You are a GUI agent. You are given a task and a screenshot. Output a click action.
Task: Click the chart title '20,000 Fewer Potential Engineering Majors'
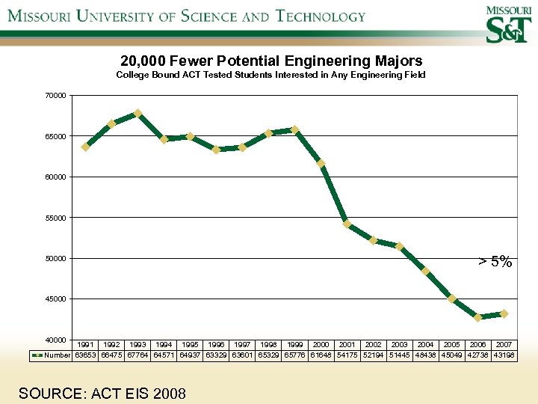pyautogui.click(x=271, y=61)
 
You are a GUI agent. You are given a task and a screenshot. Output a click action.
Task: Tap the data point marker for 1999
pyautogui.click(x=295, y=130)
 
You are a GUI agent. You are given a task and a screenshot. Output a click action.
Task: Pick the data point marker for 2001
pyautogui.click(x=347, y=224)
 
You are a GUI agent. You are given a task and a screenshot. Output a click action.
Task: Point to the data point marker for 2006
pyautogui.click(x=478, y=317)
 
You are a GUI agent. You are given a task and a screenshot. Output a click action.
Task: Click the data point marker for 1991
pyautogui.click(x=86, y=147)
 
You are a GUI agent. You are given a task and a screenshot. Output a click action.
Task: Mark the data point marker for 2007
pyautogui.click(x=504, y=313)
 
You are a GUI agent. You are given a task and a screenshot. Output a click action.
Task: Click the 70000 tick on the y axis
pyautogui.click(x=55, y=96)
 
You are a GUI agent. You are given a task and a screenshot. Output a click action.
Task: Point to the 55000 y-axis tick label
pyautogui.click(x=55, y=218)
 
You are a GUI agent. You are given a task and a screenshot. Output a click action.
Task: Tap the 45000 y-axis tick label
pyautogui.click(x=55, y=299)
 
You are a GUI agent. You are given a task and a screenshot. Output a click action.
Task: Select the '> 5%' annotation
pyautogui.click(x=495, y=262)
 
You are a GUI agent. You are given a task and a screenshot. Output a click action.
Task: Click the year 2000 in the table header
pyautogui.click(x=321, y=345)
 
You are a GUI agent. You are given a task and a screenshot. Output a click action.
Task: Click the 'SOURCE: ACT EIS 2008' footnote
pyautogui.click(x=102, y=392)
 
